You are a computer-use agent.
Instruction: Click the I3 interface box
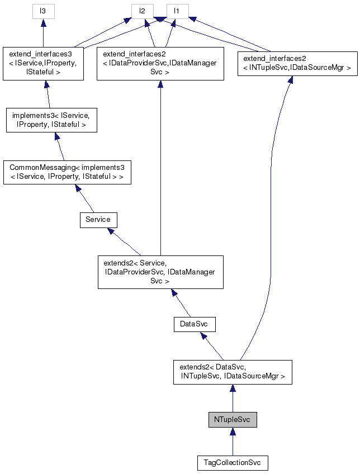click(44, 11)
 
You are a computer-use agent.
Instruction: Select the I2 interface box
click(143, 11)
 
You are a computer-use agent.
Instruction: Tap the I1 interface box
click(177, 11)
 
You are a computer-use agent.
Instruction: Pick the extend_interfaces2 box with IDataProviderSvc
click(160, 64)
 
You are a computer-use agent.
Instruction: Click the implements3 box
click(51, 120)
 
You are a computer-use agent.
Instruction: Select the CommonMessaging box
click(67, 173)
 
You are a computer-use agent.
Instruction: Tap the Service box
click(98, 220)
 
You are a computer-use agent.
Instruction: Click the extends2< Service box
click(160, 272)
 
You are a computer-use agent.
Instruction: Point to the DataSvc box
click(194, 324)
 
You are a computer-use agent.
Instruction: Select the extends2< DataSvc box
click(232, 372)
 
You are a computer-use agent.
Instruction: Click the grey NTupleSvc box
click(232, 419)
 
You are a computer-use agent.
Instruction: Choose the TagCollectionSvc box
click(232, 463)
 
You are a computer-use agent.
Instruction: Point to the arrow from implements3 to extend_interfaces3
click(48, 94)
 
